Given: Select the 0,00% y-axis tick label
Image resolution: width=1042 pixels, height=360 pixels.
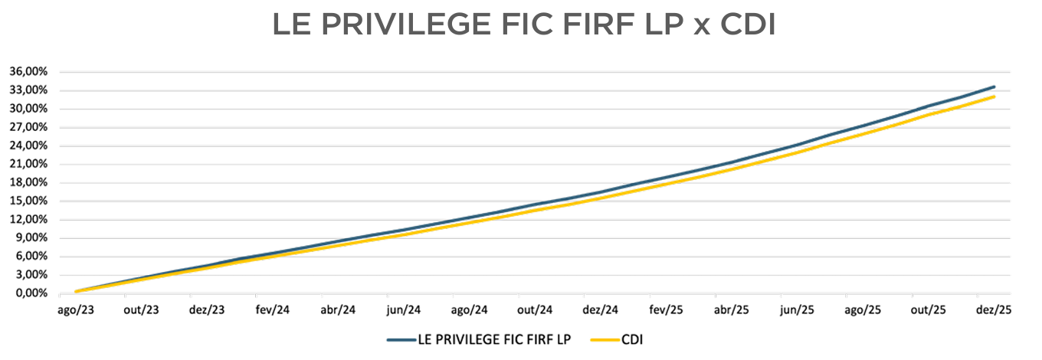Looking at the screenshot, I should pos(32,293).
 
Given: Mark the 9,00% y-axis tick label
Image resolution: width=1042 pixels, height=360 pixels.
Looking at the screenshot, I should pos(32,238).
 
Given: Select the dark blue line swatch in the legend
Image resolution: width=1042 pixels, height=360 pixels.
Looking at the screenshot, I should pos(401,339).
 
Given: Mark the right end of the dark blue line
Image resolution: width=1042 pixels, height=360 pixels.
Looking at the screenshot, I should pos(994,87).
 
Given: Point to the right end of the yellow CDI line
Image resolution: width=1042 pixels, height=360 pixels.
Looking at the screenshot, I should pos(994,97).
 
